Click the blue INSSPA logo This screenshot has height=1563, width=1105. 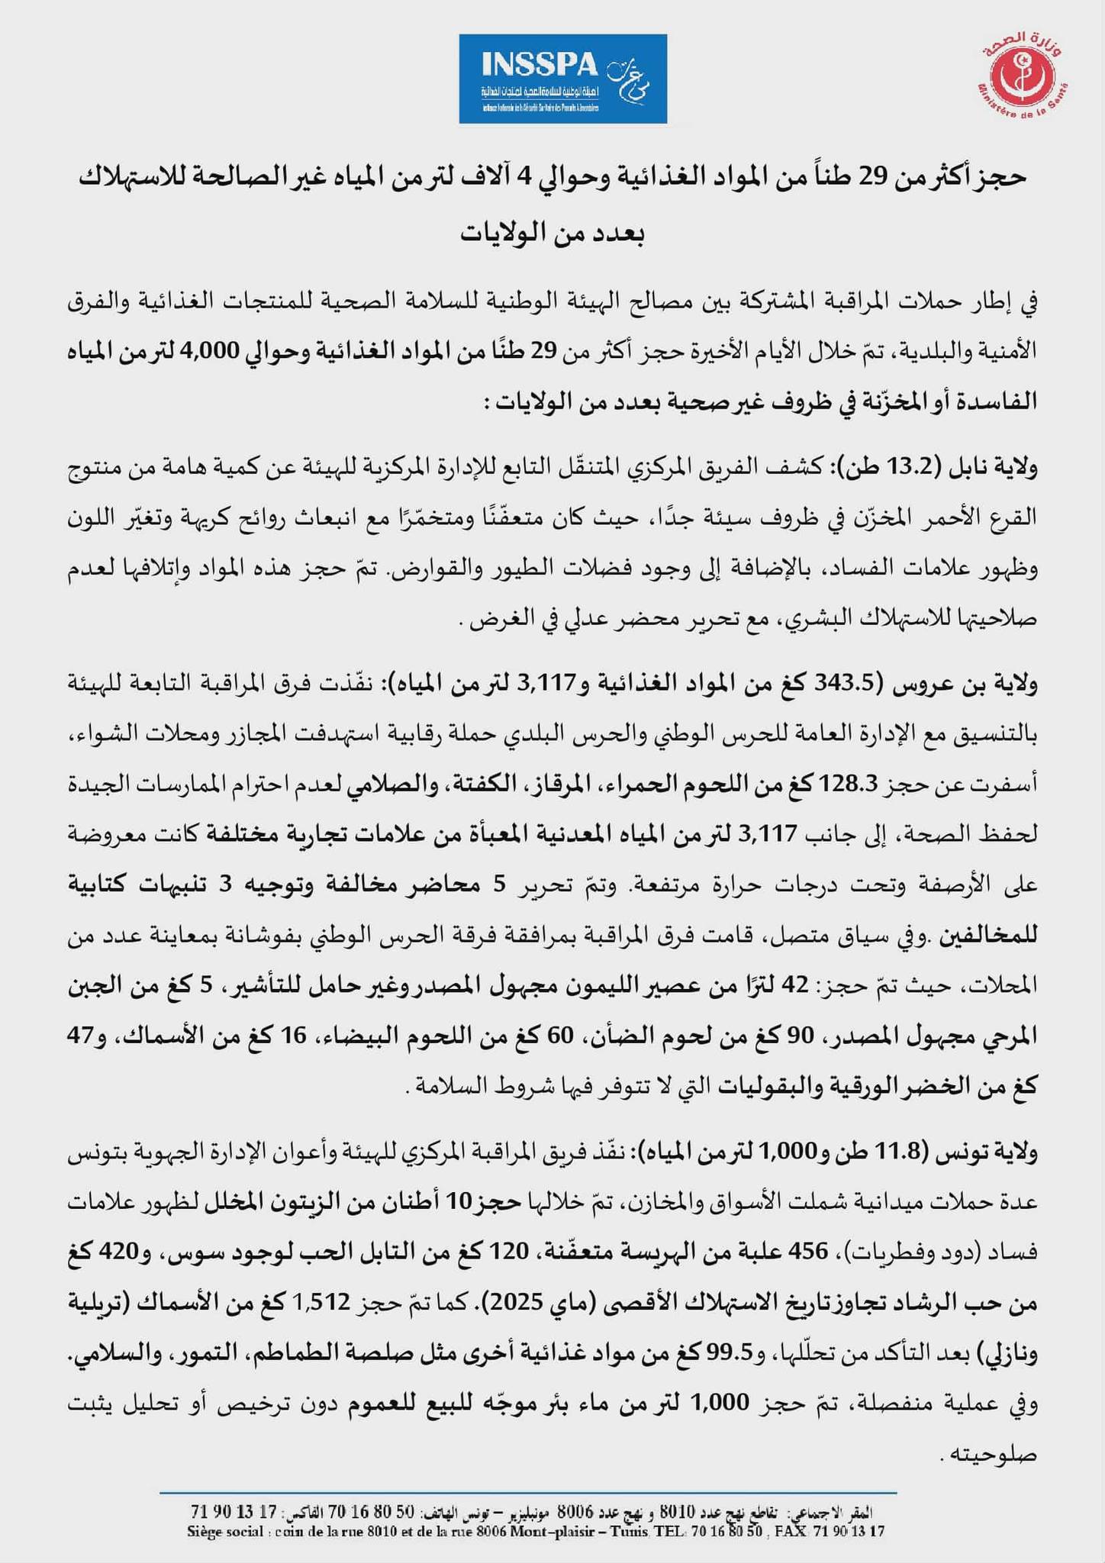tap(562, 79)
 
